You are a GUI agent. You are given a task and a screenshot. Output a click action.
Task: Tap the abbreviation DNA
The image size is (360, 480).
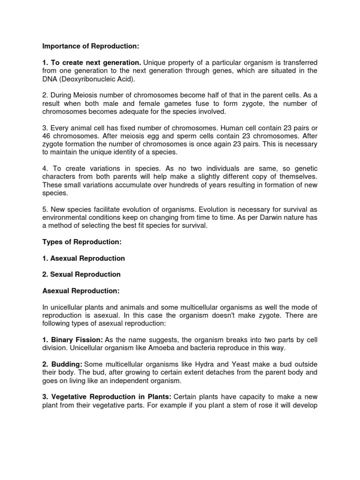[x=49, y=78]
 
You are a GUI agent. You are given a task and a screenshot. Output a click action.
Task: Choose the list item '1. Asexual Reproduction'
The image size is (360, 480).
[x=83, y=258]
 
